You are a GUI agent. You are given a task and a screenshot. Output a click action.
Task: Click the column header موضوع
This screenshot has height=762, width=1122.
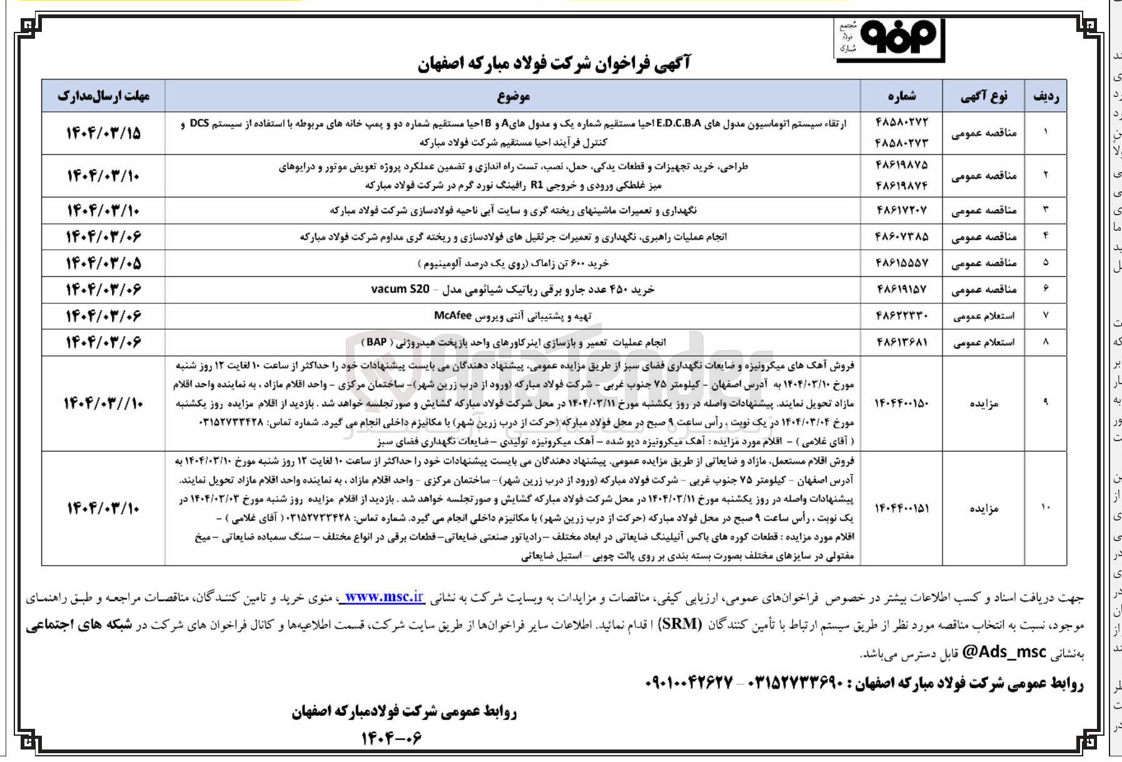513,96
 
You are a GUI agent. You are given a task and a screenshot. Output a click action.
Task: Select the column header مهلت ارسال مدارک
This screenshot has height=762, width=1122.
104,96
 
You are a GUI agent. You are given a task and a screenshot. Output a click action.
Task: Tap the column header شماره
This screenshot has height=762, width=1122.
902,96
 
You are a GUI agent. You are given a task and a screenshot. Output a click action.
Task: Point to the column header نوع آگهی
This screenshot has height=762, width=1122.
984,96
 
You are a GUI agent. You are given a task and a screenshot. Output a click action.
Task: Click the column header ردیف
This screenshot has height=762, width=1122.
1046,96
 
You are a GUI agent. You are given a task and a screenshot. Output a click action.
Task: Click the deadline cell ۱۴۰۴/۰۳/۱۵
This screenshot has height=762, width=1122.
104,133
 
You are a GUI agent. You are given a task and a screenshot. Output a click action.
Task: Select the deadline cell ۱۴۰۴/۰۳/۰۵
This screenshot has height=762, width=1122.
104,263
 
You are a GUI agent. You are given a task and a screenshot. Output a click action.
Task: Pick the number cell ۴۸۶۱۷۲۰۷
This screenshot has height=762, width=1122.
902,210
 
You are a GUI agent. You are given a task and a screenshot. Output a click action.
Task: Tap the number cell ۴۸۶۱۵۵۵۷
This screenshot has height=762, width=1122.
902,263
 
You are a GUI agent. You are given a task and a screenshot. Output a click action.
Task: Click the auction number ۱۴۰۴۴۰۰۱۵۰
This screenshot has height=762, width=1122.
901,404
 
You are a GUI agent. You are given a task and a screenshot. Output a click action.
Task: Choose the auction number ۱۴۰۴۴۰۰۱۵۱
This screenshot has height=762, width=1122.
901,508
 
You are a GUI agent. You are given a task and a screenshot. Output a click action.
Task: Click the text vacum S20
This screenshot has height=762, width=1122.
400,289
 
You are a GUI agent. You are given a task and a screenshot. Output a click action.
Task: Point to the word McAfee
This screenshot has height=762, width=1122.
453,315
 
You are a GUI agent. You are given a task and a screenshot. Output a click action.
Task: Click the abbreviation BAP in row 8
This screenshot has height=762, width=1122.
377,342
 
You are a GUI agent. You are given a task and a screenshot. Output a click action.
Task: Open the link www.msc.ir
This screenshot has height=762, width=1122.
384,597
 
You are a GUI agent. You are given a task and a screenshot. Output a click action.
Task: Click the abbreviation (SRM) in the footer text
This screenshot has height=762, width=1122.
681,624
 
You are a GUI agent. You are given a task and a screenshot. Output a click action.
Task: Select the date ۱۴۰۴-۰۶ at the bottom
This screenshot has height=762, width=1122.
392,739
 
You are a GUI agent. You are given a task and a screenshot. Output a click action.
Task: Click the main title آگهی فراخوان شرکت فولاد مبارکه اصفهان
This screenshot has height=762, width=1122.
554,64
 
